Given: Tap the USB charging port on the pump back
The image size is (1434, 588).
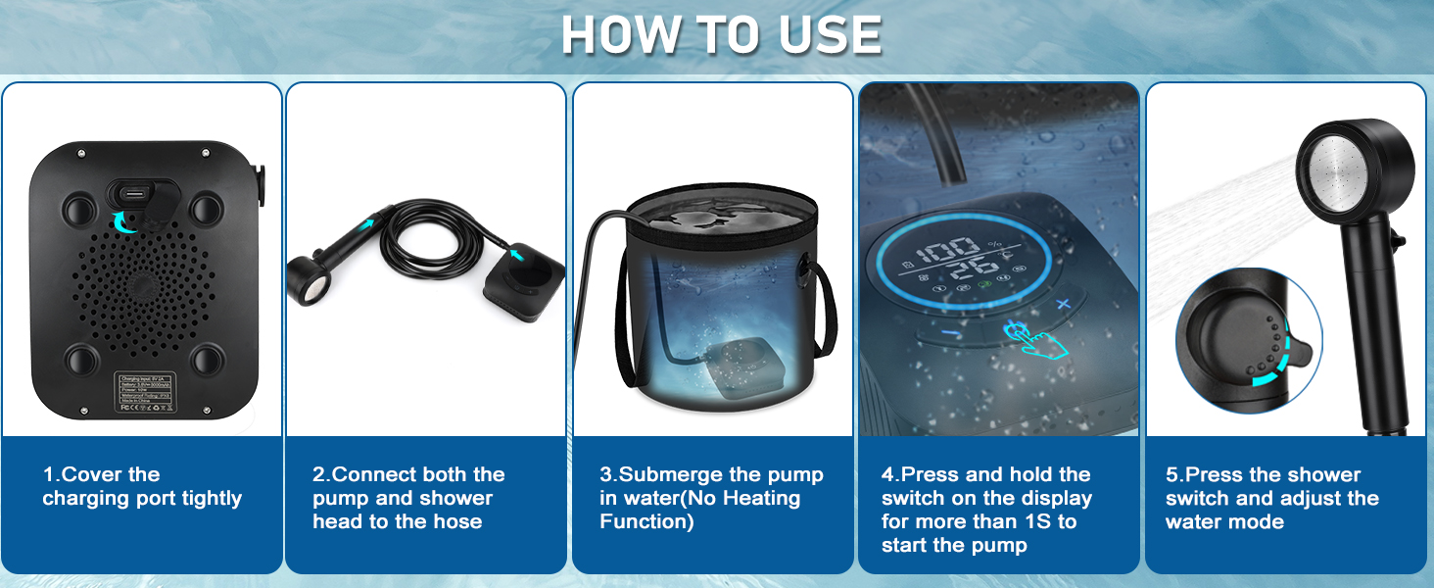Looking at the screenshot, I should pos(131,191).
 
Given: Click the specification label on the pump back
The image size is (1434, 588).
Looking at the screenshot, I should pos(144,389).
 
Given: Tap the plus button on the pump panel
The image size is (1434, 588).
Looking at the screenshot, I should pos(1064,304).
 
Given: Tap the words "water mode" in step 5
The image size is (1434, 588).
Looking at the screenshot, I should pos(1224,521).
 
